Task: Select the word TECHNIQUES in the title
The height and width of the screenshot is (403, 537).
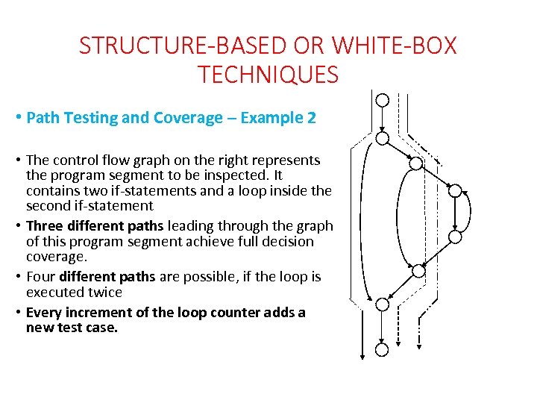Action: (268, 75)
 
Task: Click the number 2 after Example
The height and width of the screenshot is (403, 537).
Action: (311, 118)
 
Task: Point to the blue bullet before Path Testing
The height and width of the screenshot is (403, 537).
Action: (19, 117)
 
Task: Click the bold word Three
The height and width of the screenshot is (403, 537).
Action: (45, 226)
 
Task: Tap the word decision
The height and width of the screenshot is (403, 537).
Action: (286, 242)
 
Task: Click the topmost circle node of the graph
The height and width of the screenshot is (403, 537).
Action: (382, 101)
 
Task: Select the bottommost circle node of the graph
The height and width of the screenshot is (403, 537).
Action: (382, 350)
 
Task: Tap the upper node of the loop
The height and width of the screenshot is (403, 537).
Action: (455, 190)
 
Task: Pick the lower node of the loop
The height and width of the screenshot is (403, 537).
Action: (455, 237)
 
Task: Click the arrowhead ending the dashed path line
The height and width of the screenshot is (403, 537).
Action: (398, 344)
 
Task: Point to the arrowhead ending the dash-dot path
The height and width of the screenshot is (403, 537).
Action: (419, 347)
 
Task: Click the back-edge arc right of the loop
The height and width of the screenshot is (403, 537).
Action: (470, 210)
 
